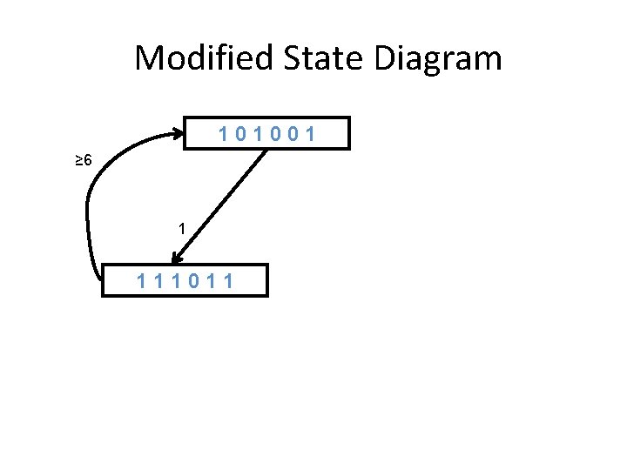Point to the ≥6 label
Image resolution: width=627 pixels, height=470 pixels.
tap(82, 160)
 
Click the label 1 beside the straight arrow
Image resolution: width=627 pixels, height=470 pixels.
tap(180, 229)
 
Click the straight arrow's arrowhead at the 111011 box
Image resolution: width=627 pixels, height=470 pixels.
tap(177, 258)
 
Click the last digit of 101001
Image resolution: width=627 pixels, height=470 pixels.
tap(310, 134)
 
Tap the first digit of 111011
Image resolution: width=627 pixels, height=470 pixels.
tap(142, 281)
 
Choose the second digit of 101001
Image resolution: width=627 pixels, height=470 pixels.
tap(241, 134)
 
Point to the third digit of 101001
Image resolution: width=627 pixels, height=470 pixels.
tap(259, 134)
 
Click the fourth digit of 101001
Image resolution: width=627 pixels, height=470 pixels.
tap(276, 134)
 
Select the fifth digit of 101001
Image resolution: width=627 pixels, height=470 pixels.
tap(293, 134)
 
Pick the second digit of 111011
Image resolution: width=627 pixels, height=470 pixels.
tap(161, 281)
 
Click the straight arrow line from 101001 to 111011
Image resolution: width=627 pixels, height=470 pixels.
tap(222, 201)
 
